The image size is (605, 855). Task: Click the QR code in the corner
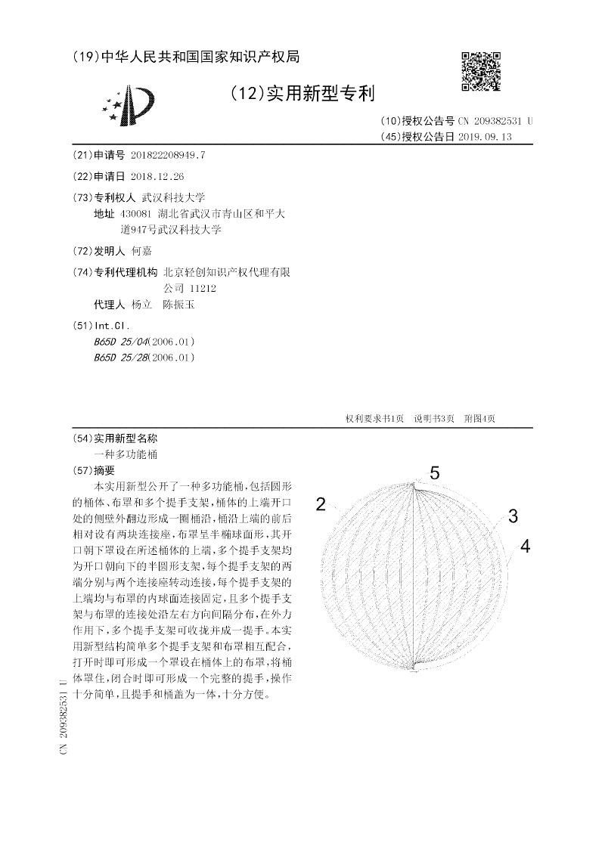(481, 72)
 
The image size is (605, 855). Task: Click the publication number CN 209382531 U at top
(495, 121)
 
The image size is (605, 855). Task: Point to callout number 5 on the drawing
(435, 473)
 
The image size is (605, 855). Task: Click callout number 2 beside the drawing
(321, 505)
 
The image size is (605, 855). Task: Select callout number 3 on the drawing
(513, 517)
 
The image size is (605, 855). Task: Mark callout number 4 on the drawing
(525, 547)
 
